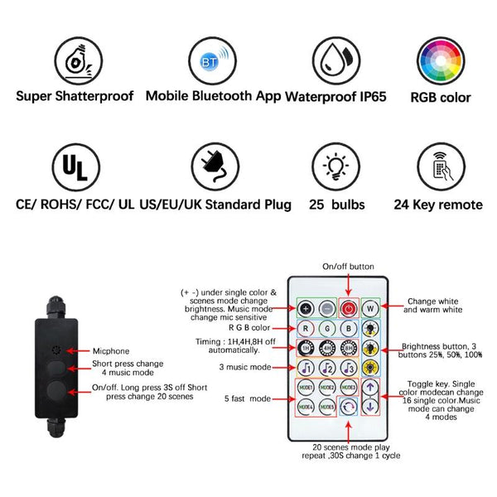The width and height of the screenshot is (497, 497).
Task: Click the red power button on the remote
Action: [347, 308]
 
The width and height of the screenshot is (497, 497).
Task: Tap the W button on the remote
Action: [371, 308]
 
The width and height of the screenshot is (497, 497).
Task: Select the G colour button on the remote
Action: [327, 327]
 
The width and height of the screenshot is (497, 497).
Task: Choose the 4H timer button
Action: [327, 348]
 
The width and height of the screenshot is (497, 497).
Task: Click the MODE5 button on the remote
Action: [326, 408]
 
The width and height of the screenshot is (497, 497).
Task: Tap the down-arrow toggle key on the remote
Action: [371, 408]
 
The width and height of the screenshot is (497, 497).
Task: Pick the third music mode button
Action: [348, 368]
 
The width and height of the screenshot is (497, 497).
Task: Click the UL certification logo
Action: [75, 167]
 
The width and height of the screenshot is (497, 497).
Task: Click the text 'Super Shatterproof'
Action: [75, 95]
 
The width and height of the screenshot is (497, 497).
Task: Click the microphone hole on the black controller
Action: [56, 350]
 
